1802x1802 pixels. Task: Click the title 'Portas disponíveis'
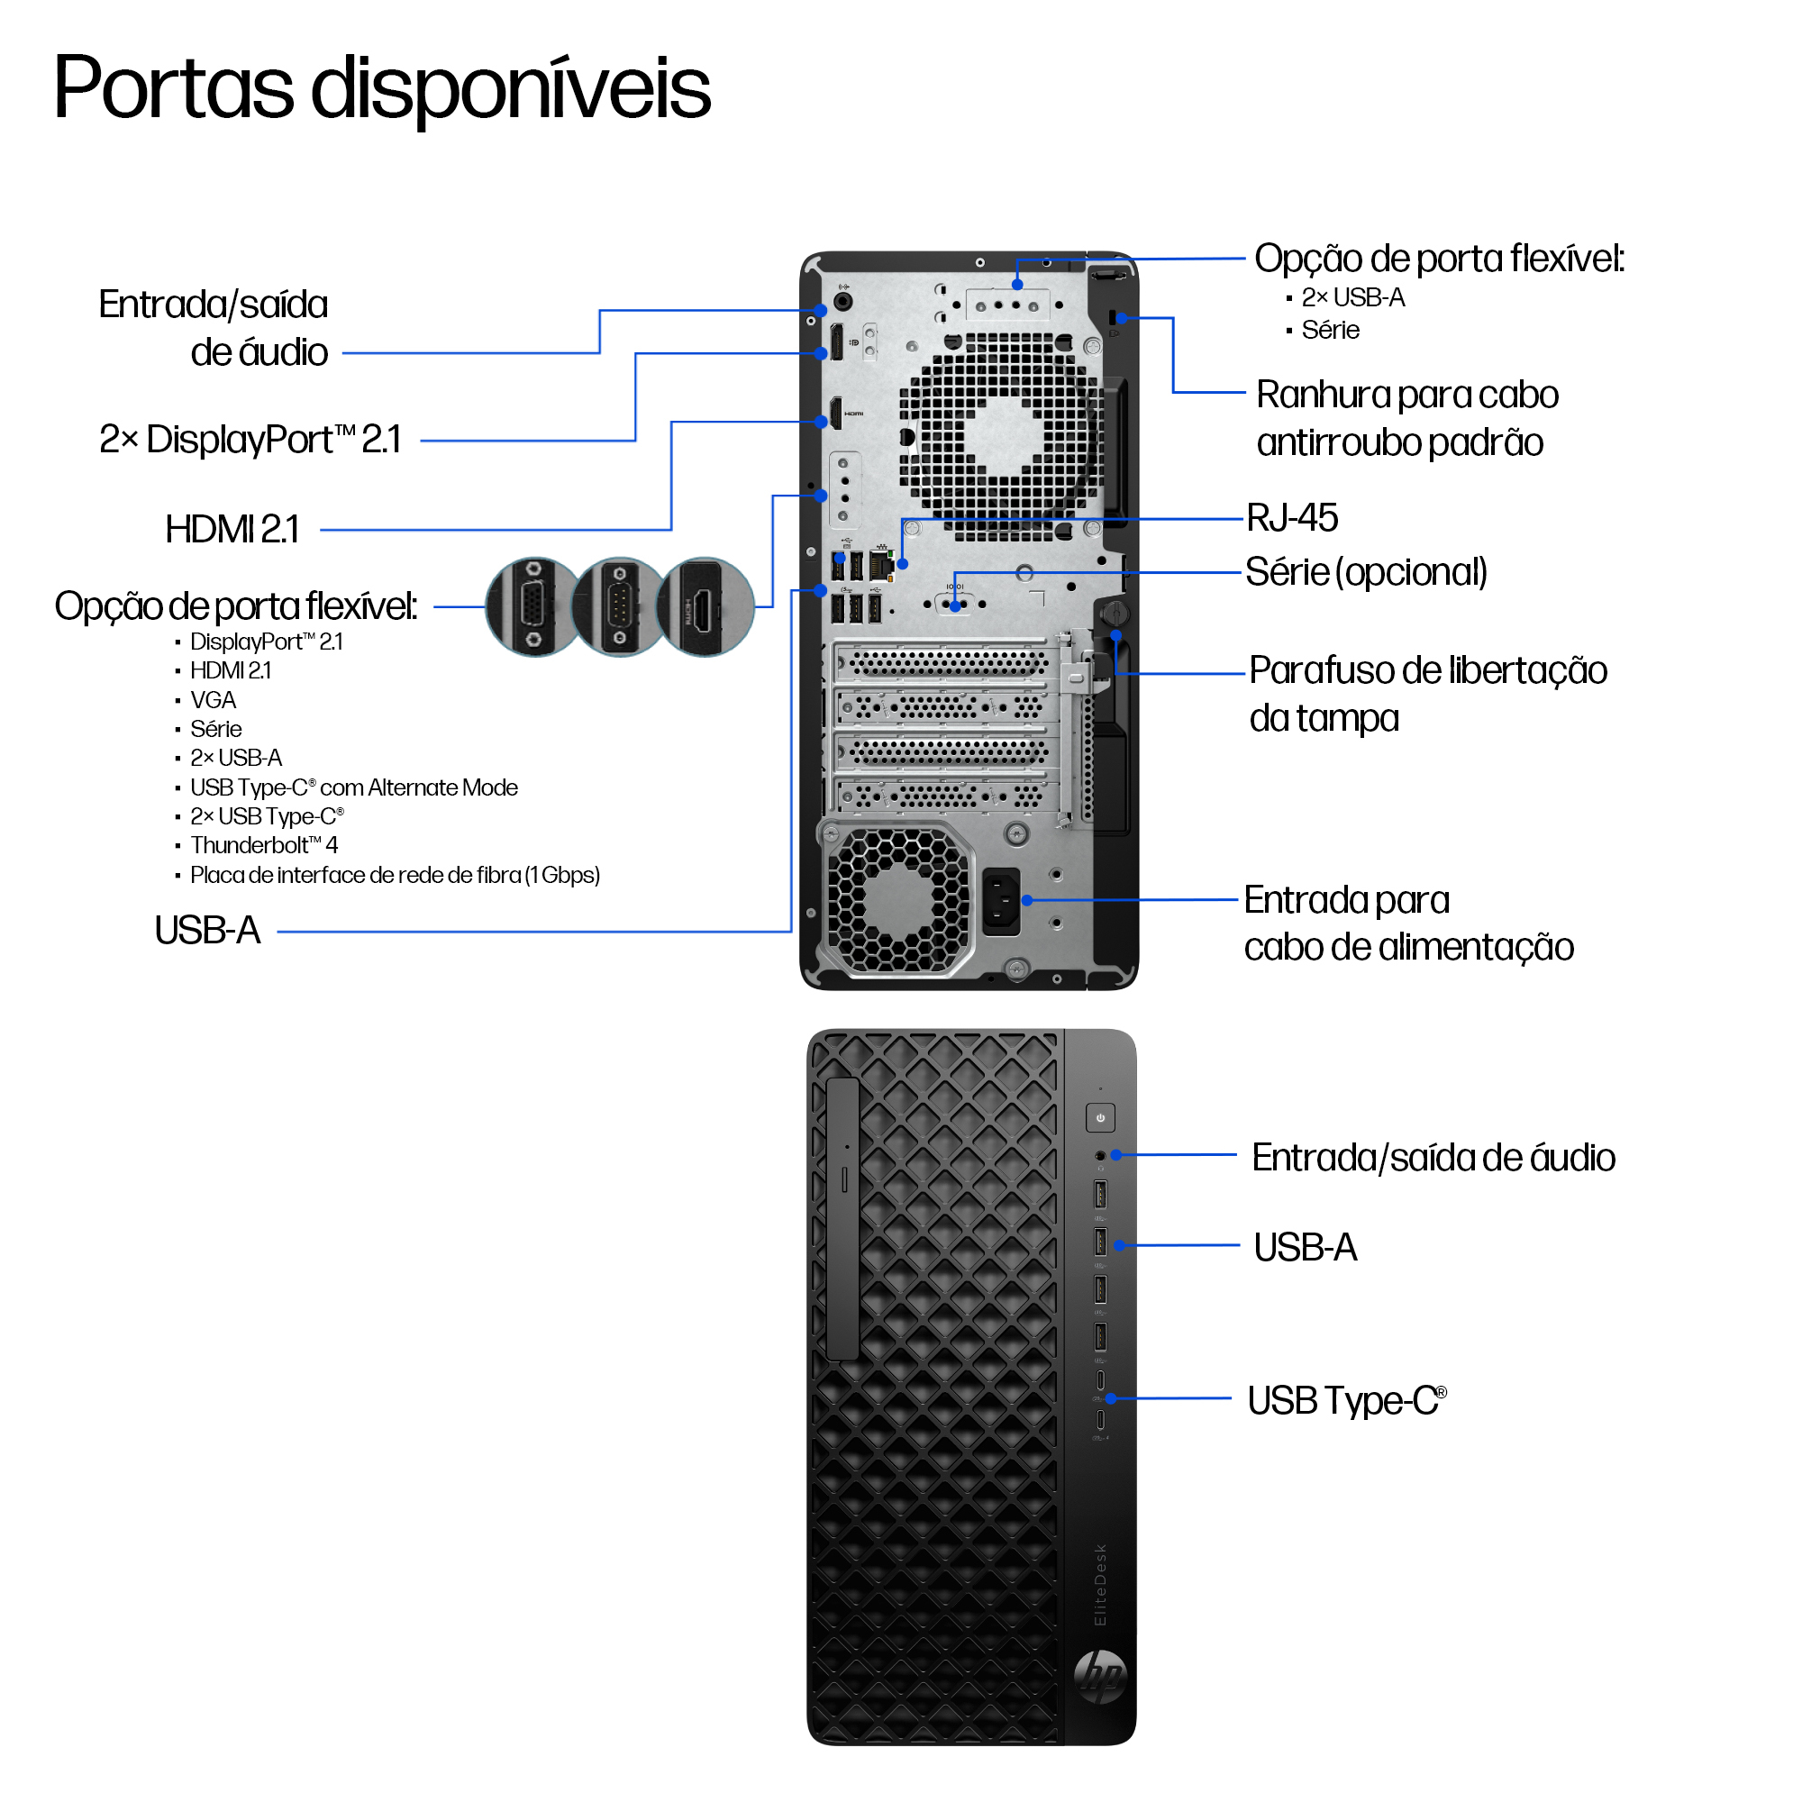[x=382, y=88]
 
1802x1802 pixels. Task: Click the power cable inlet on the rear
[x=1001, y=901]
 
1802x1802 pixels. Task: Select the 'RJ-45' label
[x=1292, y=519]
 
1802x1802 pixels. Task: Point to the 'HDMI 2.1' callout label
[x=232, y=530]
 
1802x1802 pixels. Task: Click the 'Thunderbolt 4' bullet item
[x=264, y=846]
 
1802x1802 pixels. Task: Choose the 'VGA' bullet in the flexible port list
[x=213, y=700]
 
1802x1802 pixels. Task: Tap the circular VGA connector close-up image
[x=533, y=607]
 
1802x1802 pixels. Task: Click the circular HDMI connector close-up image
[x=705, y=607]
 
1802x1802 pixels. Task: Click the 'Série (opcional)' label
[x=1366, y=573]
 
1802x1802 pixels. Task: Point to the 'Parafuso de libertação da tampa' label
[x=1427, y=694]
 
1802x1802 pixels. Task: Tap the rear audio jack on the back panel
[x=843, y=301]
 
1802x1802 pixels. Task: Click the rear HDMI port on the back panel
[x=836, y=414]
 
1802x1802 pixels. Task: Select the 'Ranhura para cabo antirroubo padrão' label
[x=1406, y=419]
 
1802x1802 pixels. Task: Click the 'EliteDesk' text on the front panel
[x=1101, y=1585]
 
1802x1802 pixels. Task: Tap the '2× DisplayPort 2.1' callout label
[x=250, y=441]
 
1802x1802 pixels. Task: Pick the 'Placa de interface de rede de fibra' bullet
[x=395, y=876]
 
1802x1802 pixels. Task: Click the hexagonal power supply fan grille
[x=897, y=901]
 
